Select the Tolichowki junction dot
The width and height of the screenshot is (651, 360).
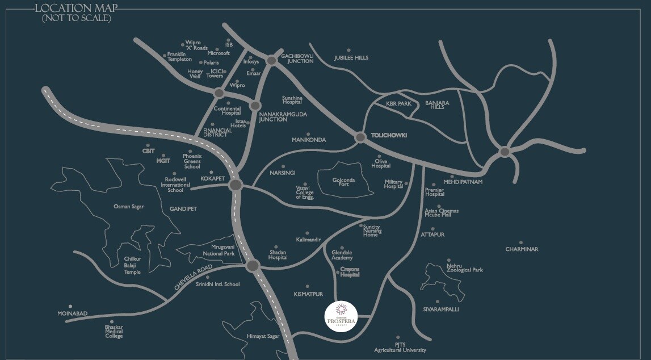(x=359, y=137)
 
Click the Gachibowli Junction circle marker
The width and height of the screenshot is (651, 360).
(x=271, y=60)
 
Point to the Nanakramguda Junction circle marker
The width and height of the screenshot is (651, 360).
(x=255, y=106)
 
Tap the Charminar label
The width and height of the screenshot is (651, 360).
(x=521, y=249)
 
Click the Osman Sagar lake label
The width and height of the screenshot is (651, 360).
(x=129, y=207)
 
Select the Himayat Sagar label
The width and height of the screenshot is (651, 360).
(x=263, y=336)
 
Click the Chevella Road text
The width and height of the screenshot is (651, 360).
(x=193, y=278)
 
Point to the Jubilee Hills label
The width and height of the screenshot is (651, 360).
(x=351, y=58)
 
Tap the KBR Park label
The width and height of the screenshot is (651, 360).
(x=398, y=104)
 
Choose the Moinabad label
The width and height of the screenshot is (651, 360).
(x=72, y=313)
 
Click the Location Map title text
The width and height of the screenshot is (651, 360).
(x=76, y=8)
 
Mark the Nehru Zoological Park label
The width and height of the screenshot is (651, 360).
(x=464, y=268)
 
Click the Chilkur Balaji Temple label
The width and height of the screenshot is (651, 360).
(x=132, y=265)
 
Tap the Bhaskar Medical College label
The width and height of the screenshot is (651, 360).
(x=114, y=332)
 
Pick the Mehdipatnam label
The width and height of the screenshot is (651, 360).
(x=463, y=182)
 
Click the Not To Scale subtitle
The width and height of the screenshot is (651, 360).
(x=76, y=18)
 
